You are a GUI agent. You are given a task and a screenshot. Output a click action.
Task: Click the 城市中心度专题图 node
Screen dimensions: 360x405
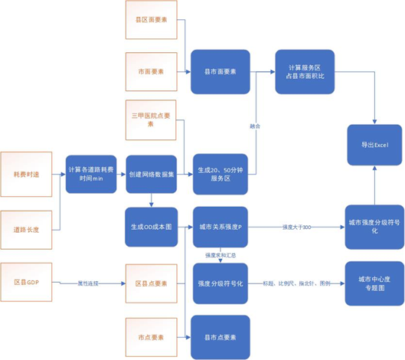click(x=374, y=283)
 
